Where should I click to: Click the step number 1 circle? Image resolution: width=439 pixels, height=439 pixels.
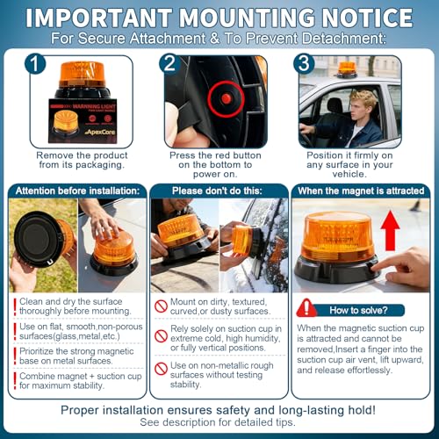point(35,63)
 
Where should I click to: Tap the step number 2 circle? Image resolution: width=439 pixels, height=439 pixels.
point(169,63)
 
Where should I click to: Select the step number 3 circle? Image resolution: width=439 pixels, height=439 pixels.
point(304,63)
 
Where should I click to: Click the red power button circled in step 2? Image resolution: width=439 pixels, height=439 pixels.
point(226,98)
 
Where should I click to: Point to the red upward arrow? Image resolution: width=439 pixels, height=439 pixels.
point(390,231)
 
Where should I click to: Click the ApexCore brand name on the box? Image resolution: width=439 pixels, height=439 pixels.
point(100,132)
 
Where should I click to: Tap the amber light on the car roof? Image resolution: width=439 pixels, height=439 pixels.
point(347,69)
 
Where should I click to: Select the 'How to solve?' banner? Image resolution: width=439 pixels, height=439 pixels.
point(358,310)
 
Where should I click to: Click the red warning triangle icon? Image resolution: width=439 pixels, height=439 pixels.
point(306,308)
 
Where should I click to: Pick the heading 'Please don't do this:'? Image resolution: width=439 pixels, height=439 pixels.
point(217,191)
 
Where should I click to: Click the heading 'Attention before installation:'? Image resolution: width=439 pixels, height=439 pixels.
point(77,191)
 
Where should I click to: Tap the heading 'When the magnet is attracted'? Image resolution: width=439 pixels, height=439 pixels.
point(361,191)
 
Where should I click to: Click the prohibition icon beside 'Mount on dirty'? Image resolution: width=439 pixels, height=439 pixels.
point(161,306)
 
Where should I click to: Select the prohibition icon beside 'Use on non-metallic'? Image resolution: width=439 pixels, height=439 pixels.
point(161,369)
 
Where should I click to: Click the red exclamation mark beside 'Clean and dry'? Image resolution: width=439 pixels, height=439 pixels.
point(15,306)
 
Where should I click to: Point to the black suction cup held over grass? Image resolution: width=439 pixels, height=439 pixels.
point(37,239)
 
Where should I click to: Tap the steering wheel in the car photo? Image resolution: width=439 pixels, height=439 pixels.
point(306,135)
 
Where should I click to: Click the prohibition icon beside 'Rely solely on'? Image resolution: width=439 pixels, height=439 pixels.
point(161,336)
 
